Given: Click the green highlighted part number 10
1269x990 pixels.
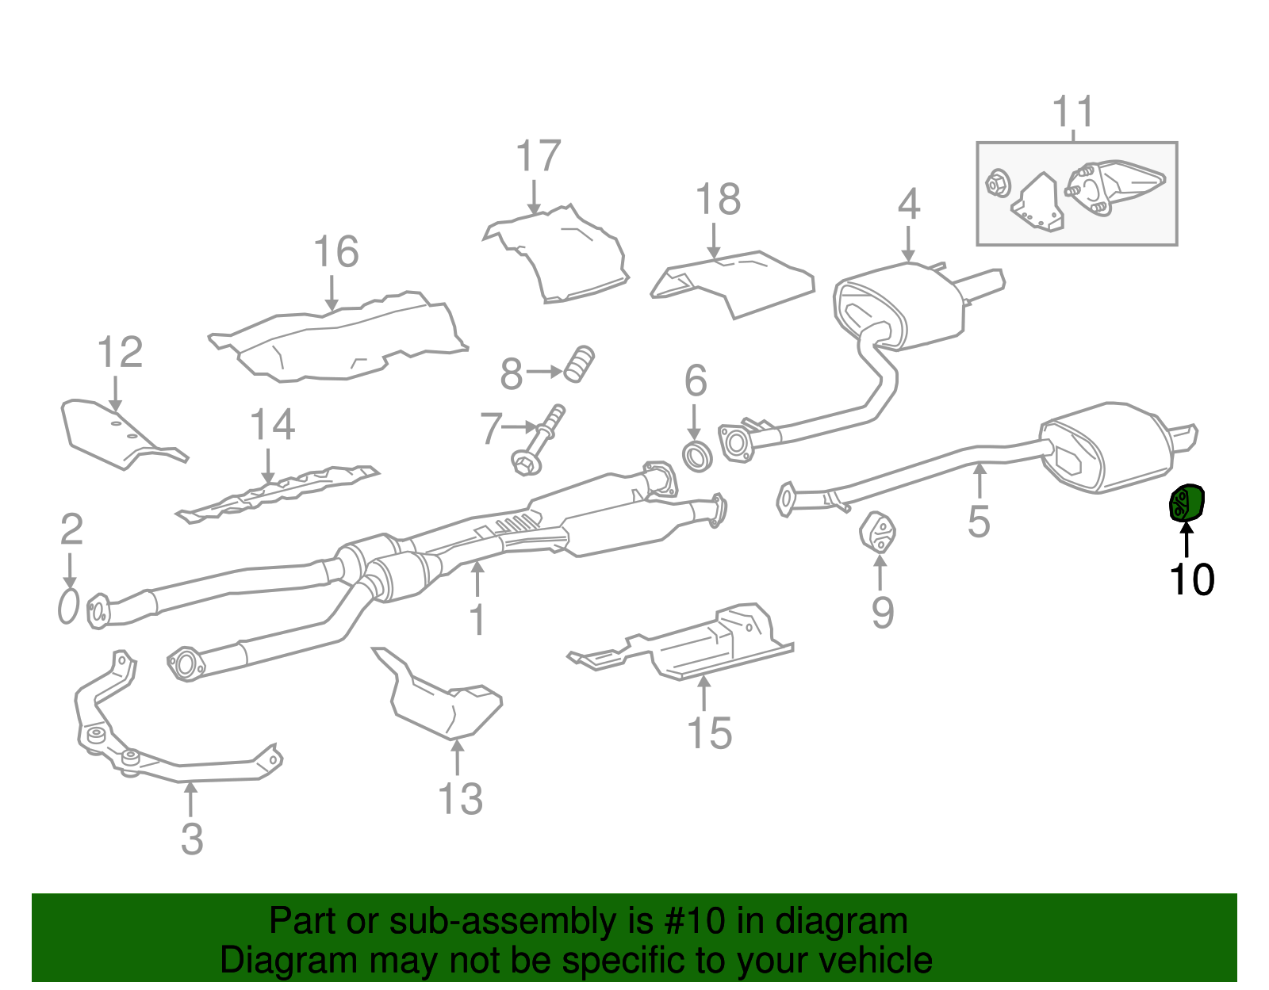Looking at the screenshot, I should (1187, 503).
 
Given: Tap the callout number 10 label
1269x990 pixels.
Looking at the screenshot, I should (1190, 580).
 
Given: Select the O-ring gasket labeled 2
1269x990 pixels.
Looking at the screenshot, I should (69, 606).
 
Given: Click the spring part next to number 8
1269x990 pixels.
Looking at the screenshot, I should (580, 365).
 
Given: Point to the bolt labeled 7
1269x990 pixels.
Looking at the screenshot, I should (539, 440).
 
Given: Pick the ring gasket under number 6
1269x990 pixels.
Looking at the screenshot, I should (697, 457).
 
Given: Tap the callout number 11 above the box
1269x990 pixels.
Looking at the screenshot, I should (1073, 113).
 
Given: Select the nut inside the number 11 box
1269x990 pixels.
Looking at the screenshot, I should (997, 184).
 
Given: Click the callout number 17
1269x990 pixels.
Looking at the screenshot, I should (538, 156).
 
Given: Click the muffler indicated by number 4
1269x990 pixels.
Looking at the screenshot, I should (900, 309).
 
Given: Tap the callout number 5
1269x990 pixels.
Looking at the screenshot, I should (979, 521).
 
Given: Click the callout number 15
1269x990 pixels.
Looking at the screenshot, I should (709, 732).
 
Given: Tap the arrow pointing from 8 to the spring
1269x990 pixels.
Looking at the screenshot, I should (544, 371).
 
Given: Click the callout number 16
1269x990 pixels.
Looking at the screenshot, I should (335, 252).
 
